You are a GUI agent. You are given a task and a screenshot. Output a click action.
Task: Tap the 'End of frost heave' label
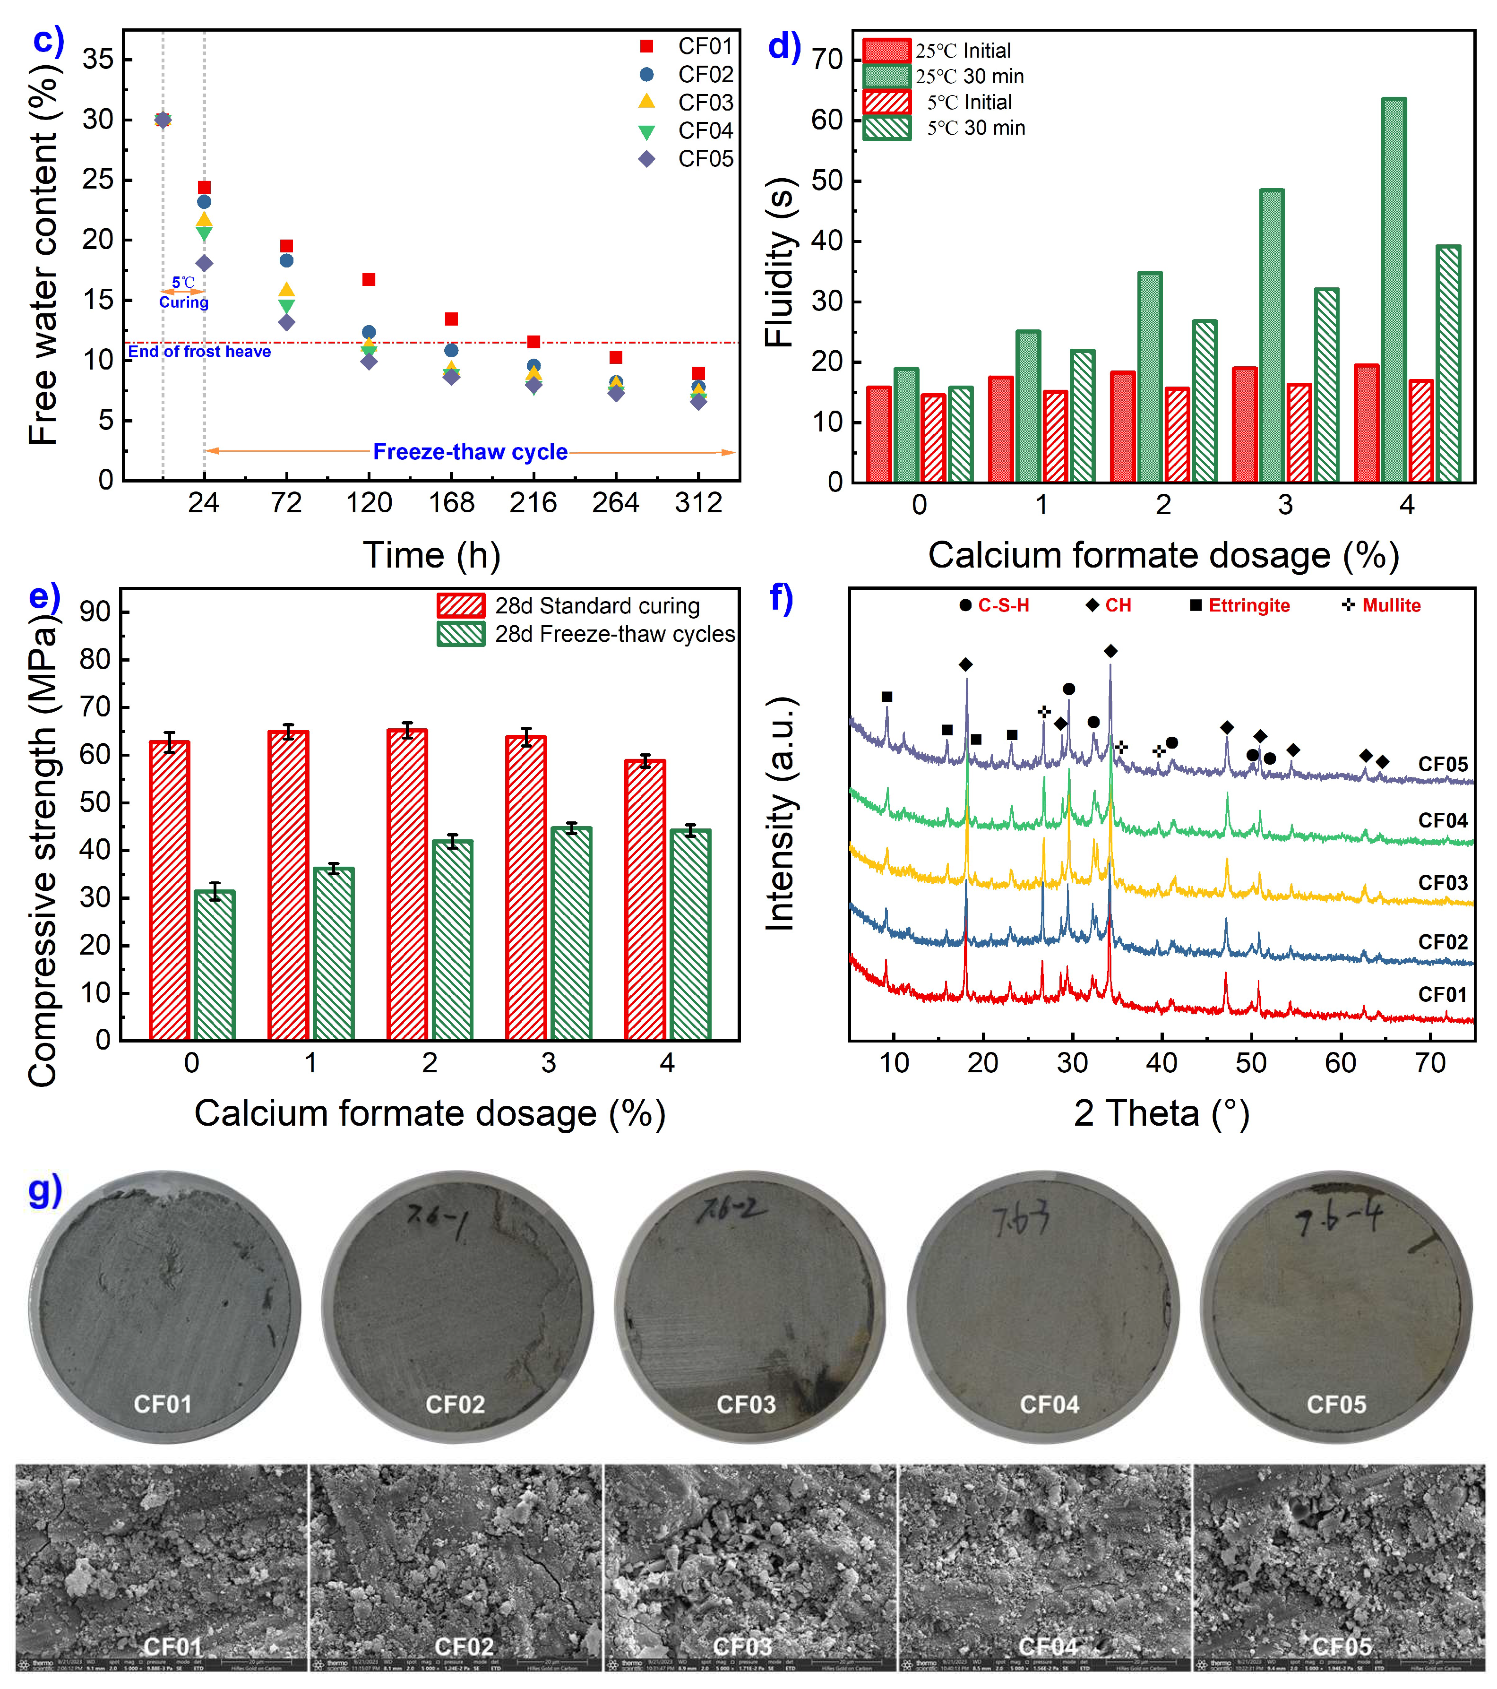point(199,352)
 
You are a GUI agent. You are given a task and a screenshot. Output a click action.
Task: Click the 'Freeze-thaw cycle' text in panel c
point(470,452)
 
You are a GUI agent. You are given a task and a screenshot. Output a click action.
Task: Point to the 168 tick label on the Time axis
point(451,502)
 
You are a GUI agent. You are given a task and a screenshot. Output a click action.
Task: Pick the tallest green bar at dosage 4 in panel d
point(1393,289)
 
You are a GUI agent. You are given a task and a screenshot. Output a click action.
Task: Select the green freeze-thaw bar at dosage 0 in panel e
point(215,965)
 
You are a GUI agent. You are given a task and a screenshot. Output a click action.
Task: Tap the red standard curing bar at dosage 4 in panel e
point(645,899)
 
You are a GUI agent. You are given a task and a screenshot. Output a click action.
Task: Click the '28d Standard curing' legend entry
point(596,606)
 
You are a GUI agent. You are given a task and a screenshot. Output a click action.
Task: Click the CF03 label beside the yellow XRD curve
point(1443,882)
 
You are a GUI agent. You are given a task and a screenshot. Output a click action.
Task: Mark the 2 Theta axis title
point(1161,1113)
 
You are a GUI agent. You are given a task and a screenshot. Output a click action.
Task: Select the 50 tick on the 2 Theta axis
point(1250,1063)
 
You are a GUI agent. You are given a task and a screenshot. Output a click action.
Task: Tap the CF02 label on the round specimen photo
point(455,1404)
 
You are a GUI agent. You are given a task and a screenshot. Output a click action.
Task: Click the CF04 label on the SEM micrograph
point(1048,1646)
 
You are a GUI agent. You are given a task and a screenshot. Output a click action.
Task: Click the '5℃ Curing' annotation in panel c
point(183,293)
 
